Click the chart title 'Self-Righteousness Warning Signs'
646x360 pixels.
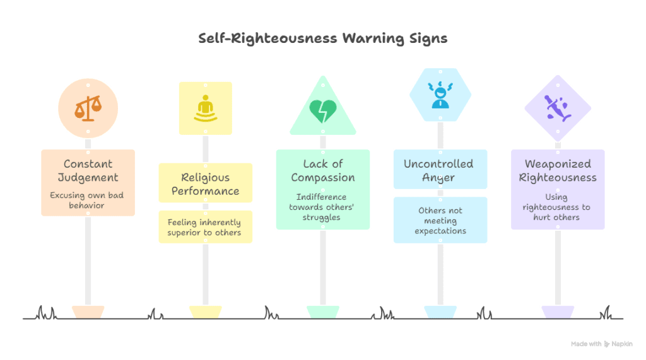322,39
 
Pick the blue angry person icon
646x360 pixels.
440,95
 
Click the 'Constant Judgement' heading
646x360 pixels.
88,170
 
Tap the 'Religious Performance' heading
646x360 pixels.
205,183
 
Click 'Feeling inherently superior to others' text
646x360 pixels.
205,227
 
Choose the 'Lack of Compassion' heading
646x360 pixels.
322,170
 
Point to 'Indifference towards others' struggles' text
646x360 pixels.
322,207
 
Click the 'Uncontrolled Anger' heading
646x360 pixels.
440,170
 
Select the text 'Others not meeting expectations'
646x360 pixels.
440,220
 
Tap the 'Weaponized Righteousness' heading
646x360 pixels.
557,170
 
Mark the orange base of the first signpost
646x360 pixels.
88,311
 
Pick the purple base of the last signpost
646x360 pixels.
557,311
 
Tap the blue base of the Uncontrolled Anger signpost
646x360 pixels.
440,311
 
